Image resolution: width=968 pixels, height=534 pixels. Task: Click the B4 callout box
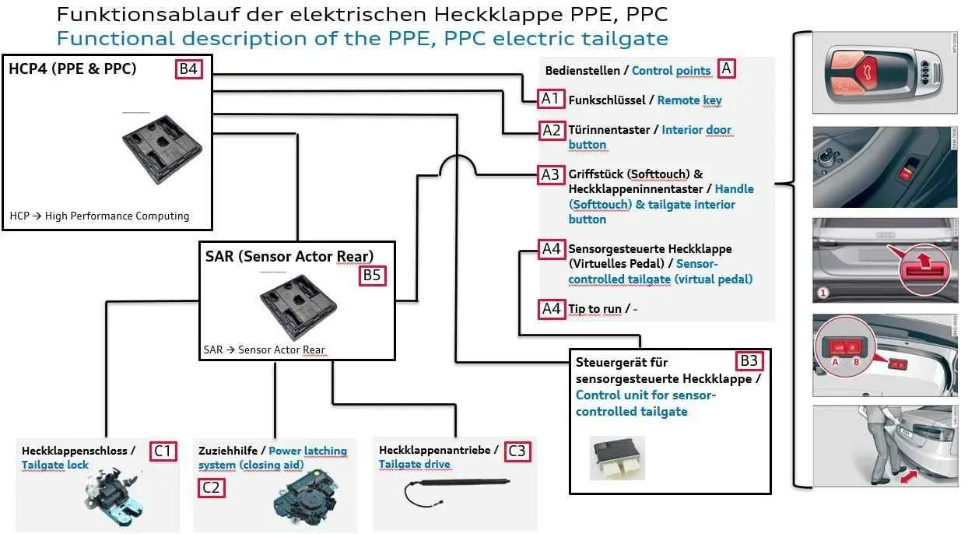pos(188,69)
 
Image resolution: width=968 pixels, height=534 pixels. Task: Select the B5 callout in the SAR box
pos(372,276)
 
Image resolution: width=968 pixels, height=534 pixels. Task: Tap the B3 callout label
pos(749,360)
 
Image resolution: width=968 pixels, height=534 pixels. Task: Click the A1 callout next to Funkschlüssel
pos(551,99)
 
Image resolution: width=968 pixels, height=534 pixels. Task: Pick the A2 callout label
pos(552,130)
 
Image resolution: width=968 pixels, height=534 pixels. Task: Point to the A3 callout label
pos(551,174)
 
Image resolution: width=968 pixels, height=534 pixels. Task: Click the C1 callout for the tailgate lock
pos(163,451)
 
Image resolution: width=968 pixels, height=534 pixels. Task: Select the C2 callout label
pos(212,488)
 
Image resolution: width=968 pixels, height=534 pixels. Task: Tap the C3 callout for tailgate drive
pos(517,451)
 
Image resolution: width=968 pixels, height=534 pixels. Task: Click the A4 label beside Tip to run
pos(552,309)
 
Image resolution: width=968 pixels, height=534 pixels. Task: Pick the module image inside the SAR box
pos(298,306)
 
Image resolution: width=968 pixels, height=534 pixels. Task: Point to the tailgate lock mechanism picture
pos(114,497)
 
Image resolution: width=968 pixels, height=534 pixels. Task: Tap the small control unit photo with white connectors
pos(617,458)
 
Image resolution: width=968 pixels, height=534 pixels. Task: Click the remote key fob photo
pos(885,72)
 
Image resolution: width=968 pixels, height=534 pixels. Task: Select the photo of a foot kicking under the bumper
pos(885,446)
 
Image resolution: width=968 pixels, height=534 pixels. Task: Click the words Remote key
pos(689,100)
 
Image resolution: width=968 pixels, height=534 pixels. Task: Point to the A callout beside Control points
pos(727,69)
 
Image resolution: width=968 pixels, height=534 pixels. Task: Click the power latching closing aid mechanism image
pos(306,497)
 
